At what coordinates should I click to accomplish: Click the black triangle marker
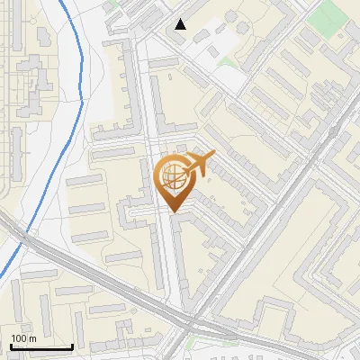(x=181, y=24)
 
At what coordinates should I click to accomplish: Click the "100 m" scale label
(x=22, y=338)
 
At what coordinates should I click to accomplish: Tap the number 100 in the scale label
(x=19, y=338)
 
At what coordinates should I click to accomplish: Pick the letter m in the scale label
(x=31, y=338)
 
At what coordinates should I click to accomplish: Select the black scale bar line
(x=41, y=346)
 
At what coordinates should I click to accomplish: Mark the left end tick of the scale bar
(x=11, y=345)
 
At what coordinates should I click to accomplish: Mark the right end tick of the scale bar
(x=72, y=345)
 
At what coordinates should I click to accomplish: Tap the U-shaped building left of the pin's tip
(x=135, y=213)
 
